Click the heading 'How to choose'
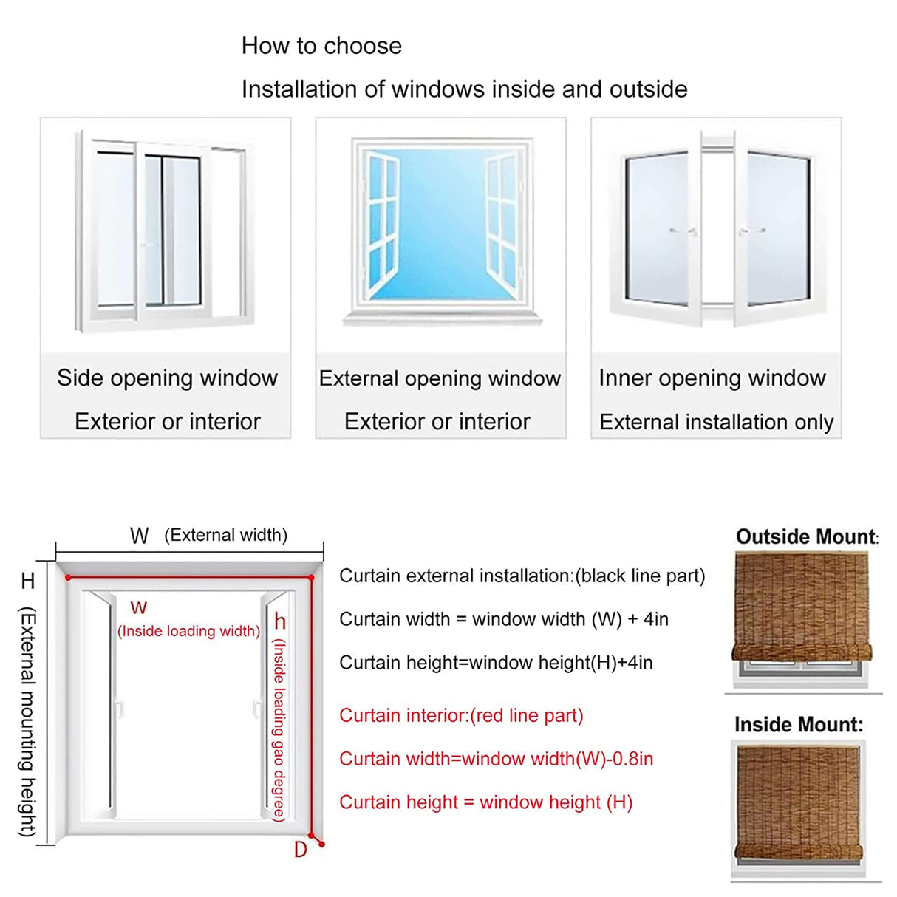[x=321, y=46]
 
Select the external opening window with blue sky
[x=441, y=229]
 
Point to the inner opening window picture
[x=716, y=229]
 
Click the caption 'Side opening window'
[x=167, y=378]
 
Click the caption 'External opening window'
[x=440, y=378]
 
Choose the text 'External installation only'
[x=716, y=422]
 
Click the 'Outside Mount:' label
[x=806, y=537]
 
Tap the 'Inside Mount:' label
[x=798, y=724]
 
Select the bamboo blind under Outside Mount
[x=802, y=606]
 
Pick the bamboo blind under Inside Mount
[x=799, y=802]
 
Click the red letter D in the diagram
[x=300, y=850]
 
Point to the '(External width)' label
[x=225, y=535]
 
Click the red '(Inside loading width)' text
[x=188, y=631]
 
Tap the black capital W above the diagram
[x=139, y=536]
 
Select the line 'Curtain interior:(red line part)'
[x=461, y=715]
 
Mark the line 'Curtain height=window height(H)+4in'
[x=496, y=663]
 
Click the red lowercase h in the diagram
[x=280, y=621]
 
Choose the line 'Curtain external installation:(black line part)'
[x=522, y=576]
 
